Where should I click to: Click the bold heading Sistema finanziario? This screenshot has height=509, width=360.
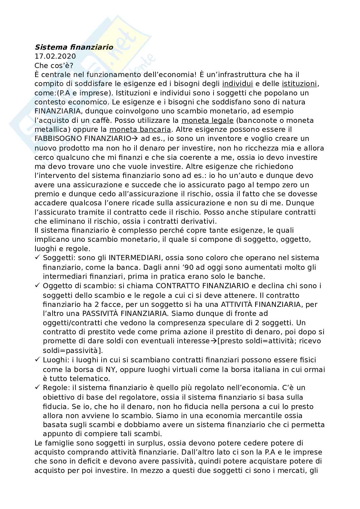tap(74, 47)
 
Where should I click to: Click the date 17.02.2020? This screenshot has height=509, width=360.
tap(55, 56)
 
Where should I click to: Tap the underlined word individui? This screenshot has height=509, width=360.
tap(237, 84)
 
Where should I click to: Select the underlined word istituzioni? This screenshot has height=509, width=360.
tap(299, 84)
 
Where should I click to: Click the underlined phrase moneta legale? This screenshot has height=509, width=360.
tap(207, 120)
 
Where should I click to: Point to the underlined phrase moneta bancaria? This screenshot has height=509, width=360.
tap(140, 130)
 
